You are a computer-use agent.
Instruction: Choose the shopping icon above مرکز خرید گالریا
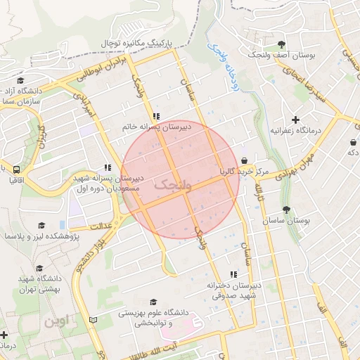point(243,160)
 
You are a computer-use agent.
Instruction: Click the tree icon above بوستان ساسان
point(285,210)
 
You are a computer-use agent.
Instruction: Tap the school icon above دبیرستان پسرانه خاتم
point(156,116)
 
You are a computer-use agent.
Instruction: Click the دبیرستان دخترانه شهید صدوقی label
point(234,290)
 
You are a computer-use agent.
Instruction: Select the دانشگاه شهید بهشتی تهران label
point(39,283)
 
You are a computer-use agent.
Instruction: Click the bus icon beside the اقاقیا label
point(15,169)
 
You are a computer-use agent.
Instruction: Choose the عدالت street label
point(101,226)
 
